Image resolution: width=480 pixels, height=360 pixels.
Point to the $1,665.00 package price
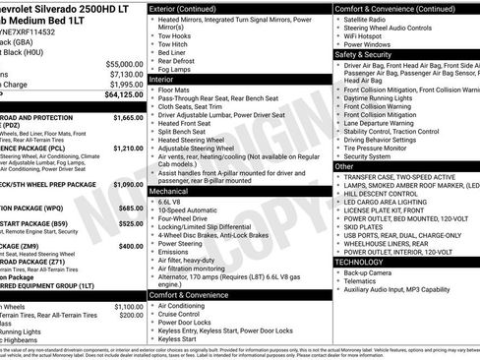click(129, 117)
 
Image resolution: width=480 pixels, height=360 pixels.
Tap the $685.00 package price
click(131, 208)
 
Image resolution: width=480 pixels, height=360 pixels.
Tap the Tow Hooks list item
click(173, 35)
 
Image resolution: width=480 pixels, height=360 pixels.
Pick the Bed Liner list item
click(171, 53)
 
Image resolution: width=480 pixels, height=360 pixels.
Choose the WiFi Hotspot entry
click(372, 35)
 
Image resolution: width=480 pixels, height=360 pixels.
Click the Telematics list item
click(366, 281)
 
